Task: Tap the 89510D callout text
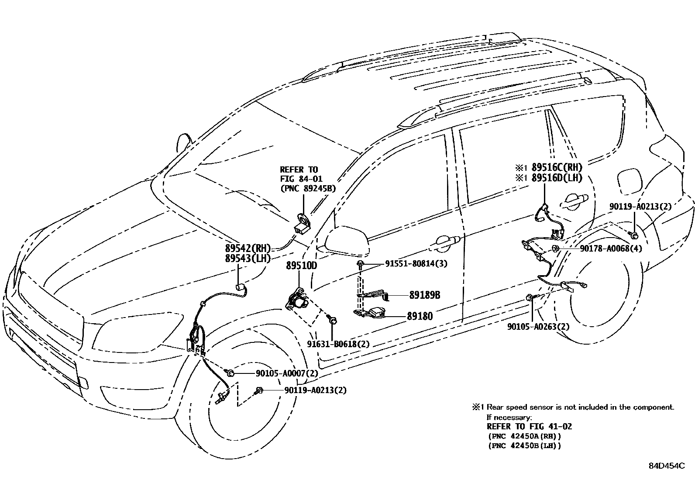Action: coord(301,266)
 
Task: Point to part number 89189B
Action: coord(424,296)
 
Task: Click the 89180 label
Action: coord(420,316)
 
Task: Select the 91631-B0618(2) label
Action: coord(338,344)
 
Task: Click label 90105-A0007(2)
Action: coord(286,373)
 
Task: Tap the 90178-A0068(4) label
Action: coord(611,249)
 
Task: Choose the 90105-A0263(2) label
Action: coord(538,327)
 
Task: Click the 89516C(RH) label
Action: coord(557,167)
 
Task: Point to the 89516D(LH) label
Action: coord(557,178)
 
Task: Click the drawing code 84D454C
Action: coord(666,466)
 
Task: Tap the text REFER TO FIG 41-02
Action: coord(529,427)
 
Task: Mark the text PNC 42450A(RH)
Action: coord(524,436)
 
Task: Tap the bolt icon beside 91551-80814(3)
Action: coord(361,264)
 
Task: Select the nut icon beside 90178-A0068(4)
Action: coord(555,249)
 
